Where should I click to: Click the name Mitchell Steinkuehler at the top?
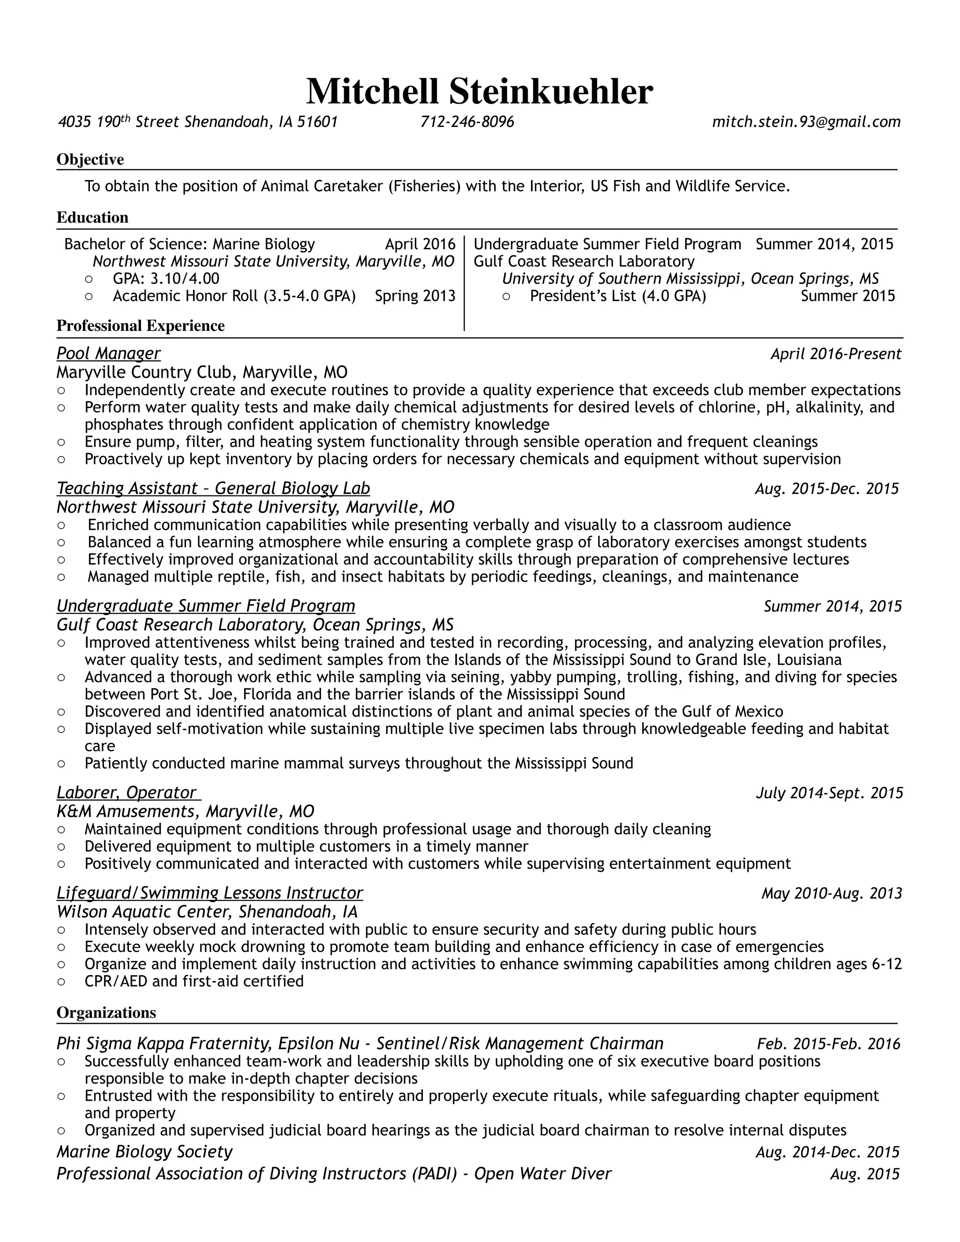480,91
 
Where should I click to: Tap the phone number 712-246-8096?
467,122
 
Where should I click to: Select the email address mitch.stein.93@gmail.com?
806,122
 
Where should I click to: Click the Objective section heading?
90,159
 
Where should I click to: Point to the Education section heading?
92,217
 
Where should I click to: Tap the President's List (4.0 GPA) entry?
618,296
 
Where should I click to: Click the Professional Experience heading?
141,325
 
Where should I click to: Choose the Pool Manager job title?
108,353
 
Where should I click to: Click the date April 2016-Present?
835,354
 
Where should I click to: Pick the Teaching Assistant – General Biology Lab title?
213,488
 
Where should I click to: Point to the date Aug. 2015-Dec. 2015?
826,488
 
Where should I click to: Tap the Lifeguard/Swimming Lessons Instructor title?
209,893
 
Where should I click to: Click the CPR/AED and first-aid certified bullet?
194,981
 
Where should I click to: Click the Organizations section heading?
106,1012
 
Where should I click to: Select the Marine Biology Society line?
144,1152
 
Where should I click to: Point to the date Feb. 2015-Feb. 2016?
828,1044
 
